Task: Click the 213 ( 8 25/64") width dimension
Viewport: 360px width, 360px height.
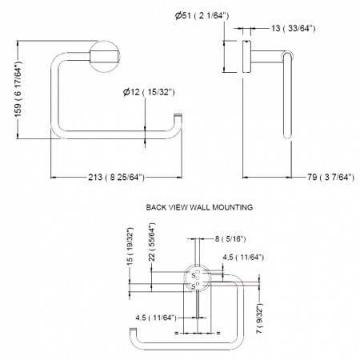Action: click(116, 177)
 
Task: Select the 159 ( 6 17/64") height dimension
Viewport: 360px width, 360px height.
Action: click(18, 89)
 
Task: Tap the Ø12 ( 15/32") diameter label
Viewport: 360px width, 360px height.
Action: click(149, 92)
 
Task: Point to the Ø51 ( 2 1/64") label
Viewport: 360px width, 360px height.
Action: click(202, 15)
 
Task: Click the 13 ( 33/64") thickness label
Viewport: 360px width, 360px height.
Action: click(294, 28)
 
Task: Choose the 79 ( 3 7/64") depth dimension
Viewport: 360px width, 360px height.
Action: click(330, 177)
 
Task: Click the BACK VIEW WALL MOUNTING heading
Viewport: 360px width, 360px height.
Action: click(199, 207)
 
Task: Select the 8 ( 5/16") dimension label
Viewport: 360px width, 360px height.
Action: click(230, 239)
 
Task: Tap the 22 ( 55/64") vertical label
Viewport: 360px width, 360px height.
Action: click(152, 242)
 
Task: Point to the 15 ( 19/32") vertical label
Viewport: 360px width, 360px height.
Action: click(130, 246)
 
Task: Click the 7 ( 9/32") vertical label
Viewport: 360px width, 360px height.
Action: click(260, 318)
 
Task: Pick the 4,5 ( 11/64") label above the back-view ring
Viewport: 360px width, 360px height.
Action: click(243, 258)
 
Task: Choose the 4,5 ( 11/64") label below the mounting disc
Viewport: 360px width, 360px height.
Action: click(156, 318)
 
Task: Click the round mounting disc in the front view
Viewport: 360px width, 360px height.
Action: click(104, 57)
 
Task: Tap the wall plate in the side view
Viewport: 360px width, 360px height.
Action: click(246, 56)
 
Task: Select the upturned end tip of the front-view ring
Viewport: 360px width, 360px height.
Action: click(178, 115)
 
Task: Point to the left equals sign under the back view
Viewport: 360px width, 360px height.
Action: click(176, 333)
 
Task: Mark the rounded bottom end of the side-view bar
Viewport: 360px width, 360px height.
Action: click(287, 136)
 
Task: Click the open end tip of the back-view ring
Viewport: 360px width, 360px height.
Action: click(133, 330)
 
